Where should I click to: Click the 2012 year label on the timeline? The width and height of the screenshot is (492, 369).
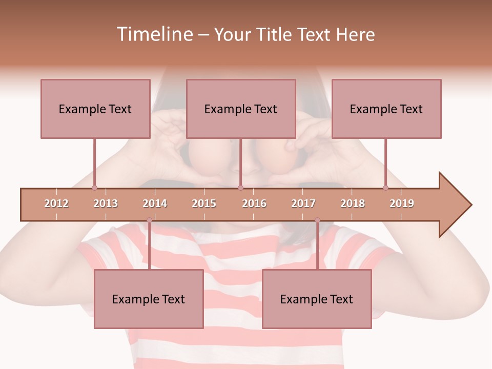coord(56,203)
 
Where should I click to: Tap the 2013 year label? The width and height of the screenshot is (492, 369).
coord(106,203)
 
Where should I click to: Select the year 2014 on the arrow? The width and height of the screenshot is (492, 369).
coord(155,203)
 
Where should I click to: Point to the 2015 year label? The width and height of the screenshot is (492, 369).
coord(204,203)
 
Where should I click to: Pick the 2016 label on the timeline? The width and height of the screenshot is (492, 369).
coord(254,203)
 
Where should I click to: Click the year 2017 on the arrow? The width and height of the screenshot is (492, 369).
coord(303,203)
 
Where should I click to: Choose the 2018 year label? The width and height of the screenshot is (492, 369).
coord(353,203)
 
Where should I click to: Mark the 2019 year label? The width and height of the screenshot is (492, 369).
coord(402,203)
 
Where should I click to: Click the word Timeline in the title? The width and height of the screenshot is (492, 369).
coord(154,34)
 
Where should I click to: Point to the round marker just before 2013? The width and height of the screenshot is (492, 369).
coord(94,188)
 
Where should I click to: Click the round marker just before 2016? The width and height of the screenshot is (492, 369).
coord(240,188)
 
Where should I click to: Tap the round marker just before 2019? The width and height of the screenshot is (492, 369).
coord(386,188)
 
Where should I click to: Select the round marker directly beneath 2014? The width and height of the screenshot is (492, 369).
coord(149,220)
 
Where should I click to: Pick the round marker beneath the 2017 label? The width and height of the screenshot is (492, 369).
coord(317,220)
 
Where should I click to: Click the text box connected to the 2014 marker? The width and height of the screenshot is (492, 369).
coord(149,299)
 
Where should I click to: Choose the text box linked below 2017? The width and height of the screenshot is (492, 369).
coord(317,299)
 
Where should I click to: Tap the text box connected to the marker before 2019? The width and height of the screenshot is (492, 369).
coord(386,109)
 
